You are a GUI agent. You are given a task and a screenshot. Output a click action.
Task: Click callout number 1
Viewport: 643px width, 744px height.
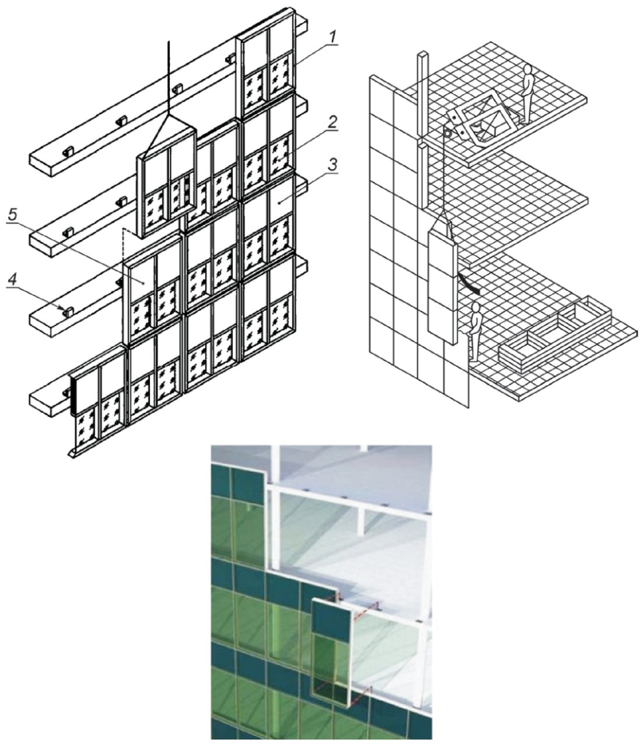(333, 37)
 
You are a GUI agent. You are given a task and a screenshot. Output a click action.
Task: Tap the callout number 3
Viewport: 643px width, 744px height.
(333, 165)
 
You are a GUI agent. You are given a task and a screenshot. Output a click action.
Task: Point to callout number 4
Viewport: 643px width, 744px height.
(13, 280)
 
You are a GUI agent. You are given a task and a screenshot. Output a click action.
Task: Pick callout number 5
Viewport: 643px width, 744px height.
(12, 215)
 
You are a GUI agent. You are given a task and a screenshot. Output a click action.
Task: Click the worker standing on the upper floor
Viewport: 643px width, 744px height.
(527, 94)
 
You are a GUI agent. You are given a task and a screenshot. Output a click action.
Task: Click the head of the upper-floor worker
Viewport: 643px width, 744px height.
(527, 69)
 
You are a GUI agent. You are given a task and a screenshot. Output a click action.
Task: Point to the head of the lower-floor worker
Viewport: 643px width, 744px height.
(476, 307)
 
